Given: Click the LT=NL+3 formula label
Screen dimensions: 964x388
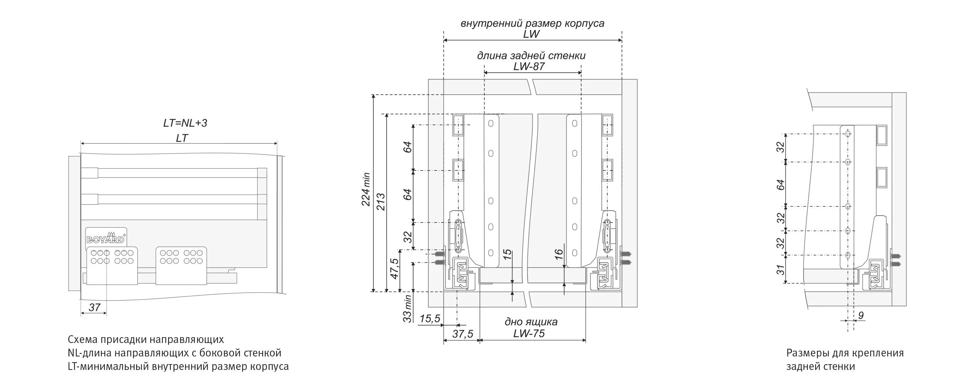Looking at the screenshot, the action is coord(185,123).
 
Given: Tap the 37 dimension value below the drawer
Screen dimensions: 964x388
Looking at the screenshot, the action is coord(94,307).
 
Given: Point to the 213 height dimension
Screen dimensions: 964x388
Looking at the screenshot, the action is coord(381,201).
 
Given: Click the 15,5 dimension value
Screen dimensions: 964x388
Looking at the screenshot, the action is coord(430,319).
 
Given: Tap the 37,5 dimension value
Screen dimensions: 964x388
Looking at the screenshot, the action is coord(463,334).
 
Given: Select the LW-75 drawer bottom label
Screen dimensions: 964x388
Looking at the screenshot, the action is coord(529,333).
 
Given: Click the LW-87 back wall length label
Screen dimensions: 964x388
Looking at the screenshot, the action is coord(529,67).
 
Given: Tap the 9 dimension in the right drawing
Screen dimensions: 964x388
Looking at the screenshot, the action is coord(861,316).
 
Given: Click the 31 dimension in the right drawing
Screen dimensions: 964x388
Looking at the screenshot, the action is coord(781,269).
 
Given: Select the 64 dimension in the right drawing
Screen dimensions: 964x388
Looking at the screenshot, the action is coord(781,184).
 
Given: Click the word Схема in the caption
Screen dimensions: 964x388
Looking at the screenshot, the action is coord(83,339).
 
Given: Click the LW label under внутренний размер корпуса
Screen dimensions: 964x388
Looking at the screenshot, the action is coord(531,34).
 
